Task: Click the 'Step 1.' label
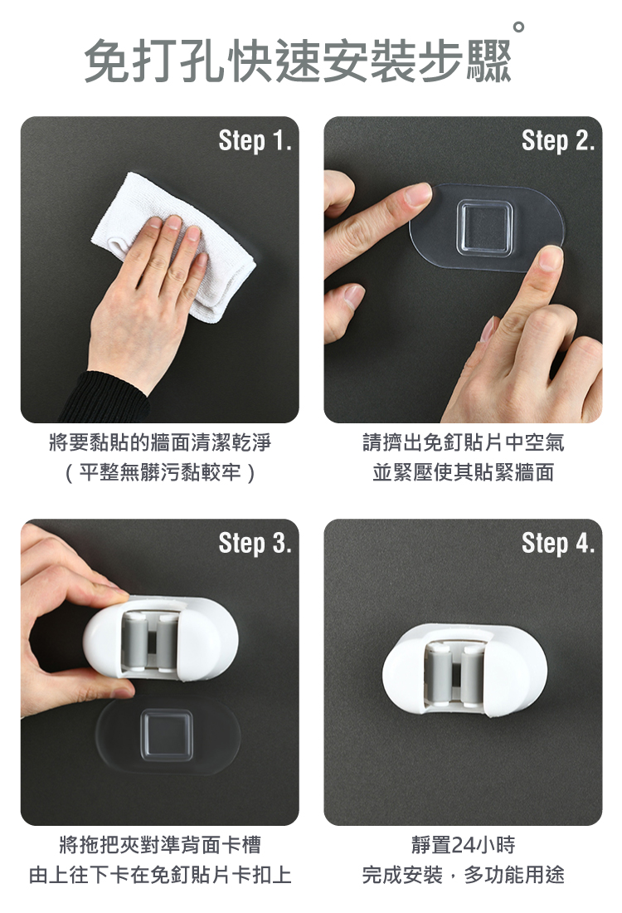point(255,141)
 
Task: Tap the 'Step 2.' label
point(558,141)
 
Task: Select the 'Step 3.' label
point(255,544)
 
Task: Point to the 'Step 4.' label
point(558,544)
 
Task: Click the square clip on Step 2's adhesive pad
point(484,227)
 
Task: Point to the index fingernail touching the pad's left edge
point(419,194)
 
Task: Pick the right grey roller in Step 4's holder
point(472,675)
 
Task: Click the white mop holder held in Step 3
point(161,638)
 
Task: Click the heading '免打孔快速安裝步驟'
point(298,61)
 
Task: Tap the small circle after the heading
point(518,27)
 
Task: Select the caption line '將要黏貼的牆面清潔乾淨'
point(160,442)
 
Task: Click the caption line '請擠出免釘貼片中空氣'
point(463,442)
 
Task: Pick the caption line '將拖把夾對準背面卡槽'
point(160,845)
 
